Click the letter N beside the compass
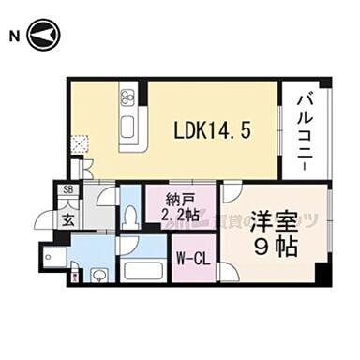click(13, 37)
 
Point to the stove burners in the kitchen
click(127, 97)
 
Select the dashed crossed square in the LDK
click(82, 144)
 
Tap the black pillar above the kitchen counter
click(142, 93)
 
